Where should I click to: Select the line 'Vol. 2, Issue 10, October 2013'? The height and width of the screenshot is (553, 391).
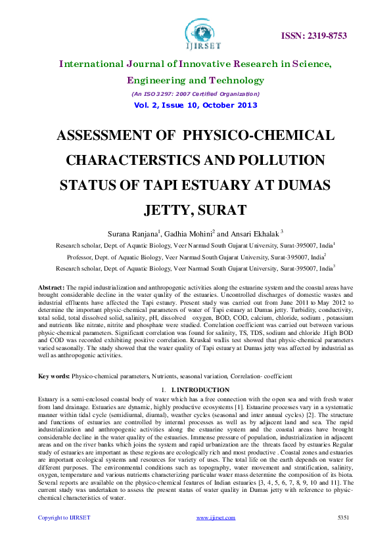point(195,105)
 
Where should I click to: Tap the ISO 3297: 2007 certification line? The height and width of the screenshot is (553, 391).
point(195,94)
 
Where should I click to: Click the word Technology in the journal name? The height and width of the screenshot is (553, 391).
point(237,81)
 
